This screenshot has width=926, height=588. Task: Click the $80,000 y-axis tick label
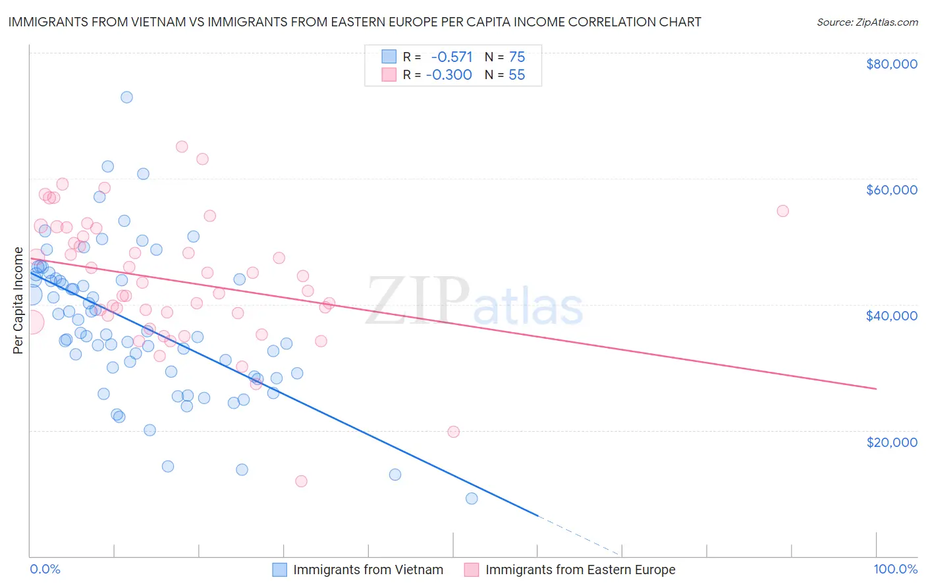891,64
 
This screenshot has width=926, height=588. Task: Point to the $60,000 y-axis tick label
891,190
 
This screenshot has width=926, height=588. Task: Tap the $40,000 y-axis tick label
891,316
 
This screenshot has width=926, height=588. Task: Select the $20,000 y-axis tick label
891,442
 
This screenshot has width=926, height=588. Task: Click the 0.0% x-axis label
45,569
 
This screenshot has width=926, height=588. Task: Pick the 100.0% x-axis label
895,569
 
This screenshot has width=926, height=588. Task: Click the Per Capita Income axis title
18,301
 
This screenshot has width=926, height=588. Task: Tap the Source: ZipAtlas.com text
867,22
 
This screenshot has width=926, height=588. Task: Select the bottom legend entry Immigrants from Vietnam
368,570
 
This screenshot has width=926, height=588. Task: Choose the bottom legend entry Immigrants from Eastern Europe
580,570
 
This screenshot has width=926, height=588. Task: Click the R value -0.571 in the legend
452,57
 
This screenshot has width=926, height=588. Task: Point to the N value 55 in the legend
516,75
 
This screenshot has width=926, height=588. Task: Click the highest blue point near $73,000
126,97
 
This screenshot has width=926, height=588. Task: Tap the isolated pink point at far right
782,211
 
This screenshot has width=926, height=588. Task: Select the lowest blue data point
472,498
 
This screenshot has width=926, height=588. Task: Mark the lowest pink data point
301,481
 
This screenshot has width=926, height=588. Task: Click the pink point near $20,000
453,432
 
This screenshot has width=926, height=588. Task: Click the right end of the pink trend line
876,389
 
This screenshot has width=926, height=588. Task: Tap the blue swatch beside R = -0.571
389,57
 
